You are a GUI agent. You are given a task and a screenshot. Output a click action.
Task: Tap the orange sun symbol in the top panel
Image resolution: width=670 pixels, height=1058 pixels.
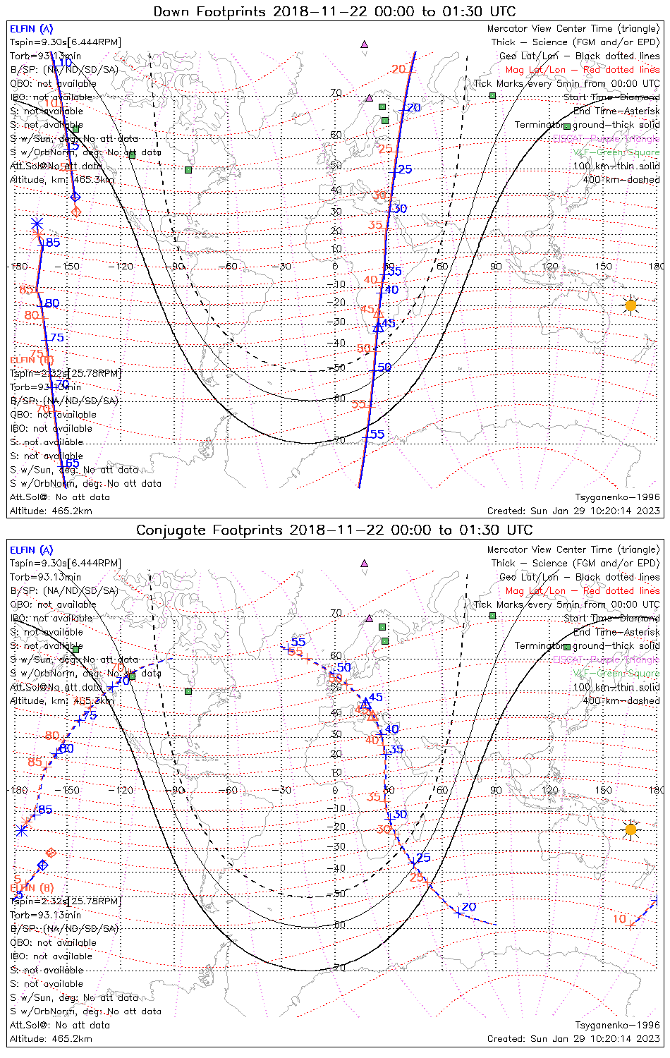coord(631,305)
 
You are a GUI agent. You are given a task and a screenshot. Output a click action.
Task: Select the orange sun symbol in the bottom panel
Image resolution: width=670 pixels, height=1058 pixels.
coord(631,829)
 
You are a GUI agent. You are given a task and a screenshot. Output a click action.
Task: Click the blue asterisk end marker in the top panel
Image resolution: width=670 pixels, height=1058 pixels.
coord(37,224)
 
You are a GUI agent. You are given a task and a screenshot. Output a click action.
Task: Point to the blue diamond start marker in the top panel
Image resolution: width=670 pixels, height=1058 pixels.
coord(75,197)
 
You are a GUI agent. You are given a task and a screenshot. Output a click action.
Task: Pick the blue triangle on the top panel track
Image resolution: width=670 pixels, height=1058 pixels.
coord(378,326)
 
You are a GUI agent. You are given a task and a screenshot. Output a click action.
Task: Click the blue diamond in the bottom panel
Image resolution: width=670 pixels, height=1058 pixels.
coord(42,865)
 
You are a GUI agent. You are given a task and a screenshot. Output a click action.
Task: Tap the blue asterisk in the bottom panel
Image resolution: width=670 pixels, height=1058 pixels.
coord(21,830)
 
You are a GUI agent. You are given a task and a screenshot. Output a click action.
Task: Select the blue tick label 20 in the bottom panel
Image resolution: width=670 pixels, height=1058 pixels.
coord(469,907)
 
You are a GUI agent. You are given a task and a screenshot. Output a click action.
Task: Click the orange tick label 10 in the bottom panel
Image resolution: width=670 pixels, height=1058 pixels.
coord(619,918)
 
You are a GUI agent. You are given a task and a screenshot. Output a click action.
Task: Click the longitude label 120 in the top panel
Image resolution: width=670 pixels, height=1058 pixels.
coord(550,267)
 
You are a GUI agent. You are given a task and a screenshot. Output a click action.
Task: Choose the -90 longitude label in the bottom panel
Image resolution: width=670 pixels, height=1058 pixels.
coord(178,790)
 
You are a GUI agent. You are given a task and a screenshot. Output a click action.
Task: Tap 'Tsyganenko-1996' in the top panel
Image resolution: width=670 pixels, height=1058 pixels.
coord(617,497)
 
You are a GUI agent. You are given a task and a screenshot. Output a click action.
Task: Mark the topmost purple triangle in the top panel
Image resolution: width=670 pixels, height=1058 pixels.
coord(364,44)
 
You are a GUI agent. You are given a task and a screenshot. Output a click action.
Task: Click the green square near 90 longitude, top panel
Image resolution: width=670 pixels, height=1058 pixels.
coord(493,95)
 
